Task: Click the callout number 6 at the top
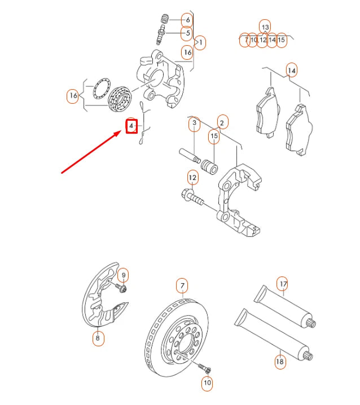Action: pos(188,20)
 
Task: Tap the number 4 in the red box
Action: pos(131,125)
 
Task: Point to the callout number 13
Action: pos(265,26)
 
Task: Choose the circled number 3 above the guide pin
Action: pos(194,124)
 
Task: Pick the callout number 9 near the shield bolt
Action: pos(124,275)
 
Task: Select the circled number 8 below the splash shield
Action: pos(98,338)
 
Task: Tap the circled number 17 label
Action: pos(283,283)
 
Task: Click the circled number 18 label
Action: pos(280,361)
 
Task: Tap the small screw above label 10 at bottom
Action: pos(204,367)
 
